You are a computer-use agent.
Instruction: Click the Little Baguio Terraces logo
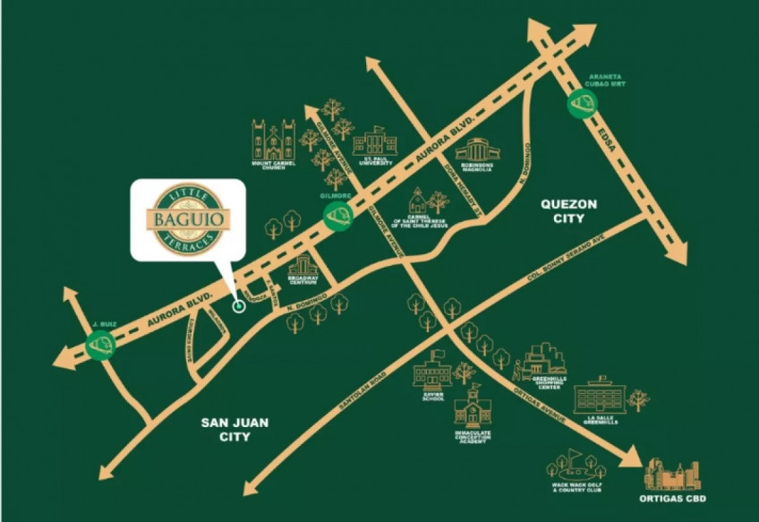(187, 218)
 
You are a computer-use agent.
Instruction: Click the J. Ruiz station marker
(100, 345)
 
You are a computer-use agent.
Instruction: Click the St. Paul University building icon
(373, 143)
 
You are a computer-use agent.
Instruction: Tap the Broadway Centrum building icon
(304, 266)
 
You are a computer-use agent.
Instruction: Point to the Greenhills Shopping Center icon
(543, 360)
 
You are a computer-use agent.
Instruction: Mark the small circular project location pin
(238, 306)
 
